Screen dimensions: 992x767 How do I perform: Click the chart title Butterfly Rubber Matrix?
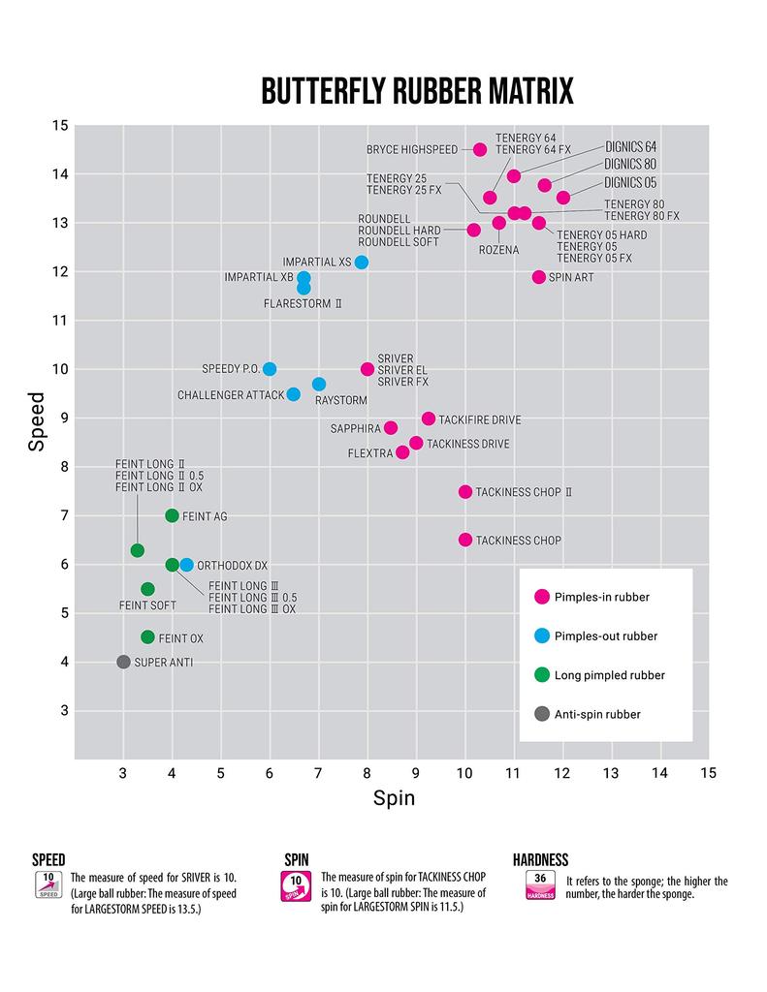(417, 91)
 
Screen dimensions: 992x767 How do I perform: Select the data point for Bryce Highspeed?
(480, 149)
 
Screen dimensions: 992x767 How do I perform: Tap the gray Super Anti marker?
(123, 662)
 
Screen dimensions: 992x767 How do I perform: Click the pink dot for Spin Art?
(539, 277)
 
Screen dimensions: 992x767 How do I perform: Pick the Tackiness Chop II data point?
(465, 492)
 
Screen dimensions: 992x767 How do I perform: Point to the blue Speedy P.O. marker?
(270, 369)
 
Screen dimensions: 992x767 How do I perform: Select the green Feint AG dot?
(173, 515)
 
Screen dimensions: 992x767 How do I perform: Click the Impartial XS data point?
(362, 263)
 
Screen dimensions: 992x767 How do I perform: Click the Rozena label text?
(498, 250)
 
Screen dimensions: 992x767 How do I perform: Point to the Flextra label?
(368, 453)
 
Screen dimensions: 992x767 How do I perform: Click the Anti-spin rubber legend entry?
(595, 714)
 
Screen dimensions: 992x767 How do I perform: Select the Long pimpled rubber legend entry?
(608, 675)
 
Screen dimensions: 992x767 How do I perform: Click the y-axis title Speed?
(37, 420)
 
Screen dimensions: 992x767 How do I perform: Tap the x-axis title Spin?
(394, 799)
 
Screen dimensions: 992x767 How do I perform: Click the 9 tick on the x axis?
(416, 772)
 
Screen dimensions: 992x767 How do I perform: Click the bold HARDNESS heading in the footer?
(540, 860)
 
